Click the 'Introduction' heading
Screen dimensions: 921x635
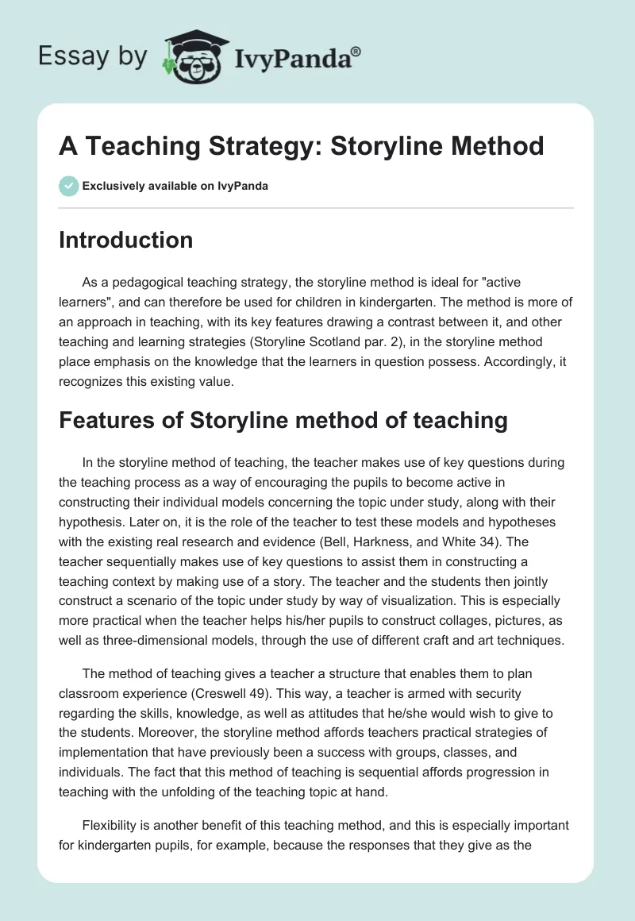click(125, 240)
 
